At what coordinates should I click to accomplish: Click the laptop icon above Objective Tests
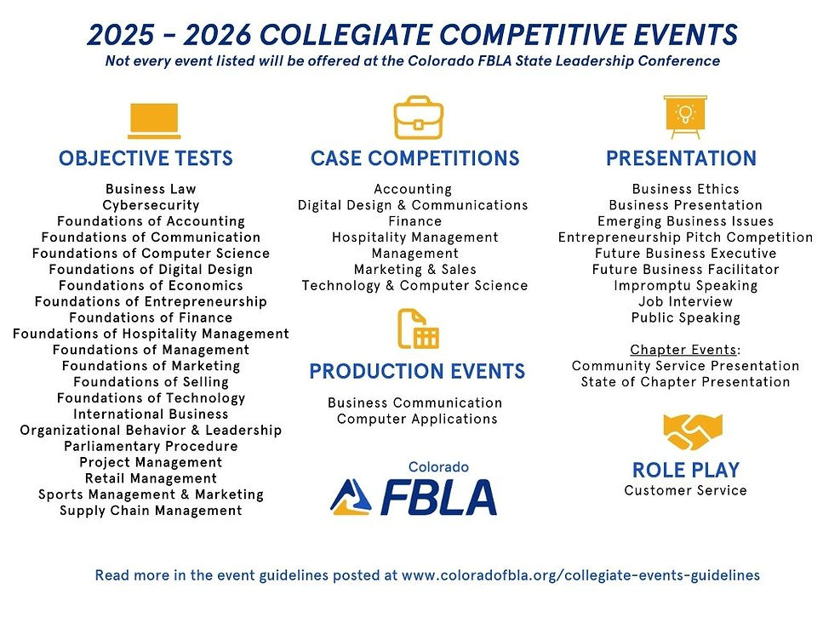coord(154,121)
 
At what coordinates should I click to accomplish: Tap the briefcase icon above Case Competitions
coord(418,118)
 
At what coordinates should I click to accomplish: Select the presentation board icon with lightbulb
coord(684,117)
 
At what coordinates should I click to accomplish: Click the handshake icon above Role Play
coord(685,431)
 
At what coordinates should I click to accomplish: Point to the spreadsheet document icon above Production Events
coord(418,328)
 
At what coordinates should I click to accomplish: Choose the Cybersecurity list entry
coord(151,205)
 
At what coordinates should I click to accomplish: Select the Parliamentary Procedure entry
coord(151,446)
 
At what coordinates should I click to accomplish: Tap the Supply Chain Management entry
coord(151,511)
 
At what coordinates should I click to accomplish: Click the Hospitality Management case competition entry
coord(415,237)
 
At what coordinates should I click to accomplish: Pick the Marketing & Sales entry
coord(415,270)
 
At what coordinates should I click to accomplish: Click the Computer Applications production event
coord(417,419)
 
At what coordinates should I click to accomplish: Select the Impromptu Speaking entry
coord(685,286)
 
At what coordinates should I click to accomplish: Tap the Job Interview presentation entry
coord(685,301)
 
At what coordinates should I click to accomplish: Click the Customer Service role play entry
coord(685,490)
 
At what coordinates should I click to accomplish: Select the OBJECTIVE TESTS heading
coord(146,158)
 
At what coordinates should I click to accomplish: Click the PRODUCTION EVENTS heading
coord(417,372)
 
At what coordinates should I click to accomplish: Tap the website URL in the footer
coord(580,575)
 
